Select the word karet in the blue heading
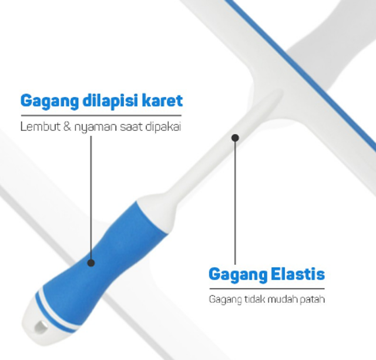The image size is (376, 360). (164, 100)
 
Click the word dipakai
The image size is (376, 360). (159, 127)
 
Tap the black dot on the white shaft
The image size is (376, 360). (235, 138)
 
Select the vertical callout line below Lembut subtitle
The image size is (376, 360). (91, 194)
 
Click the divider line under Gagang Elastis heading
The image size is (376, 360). (267, 288)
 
